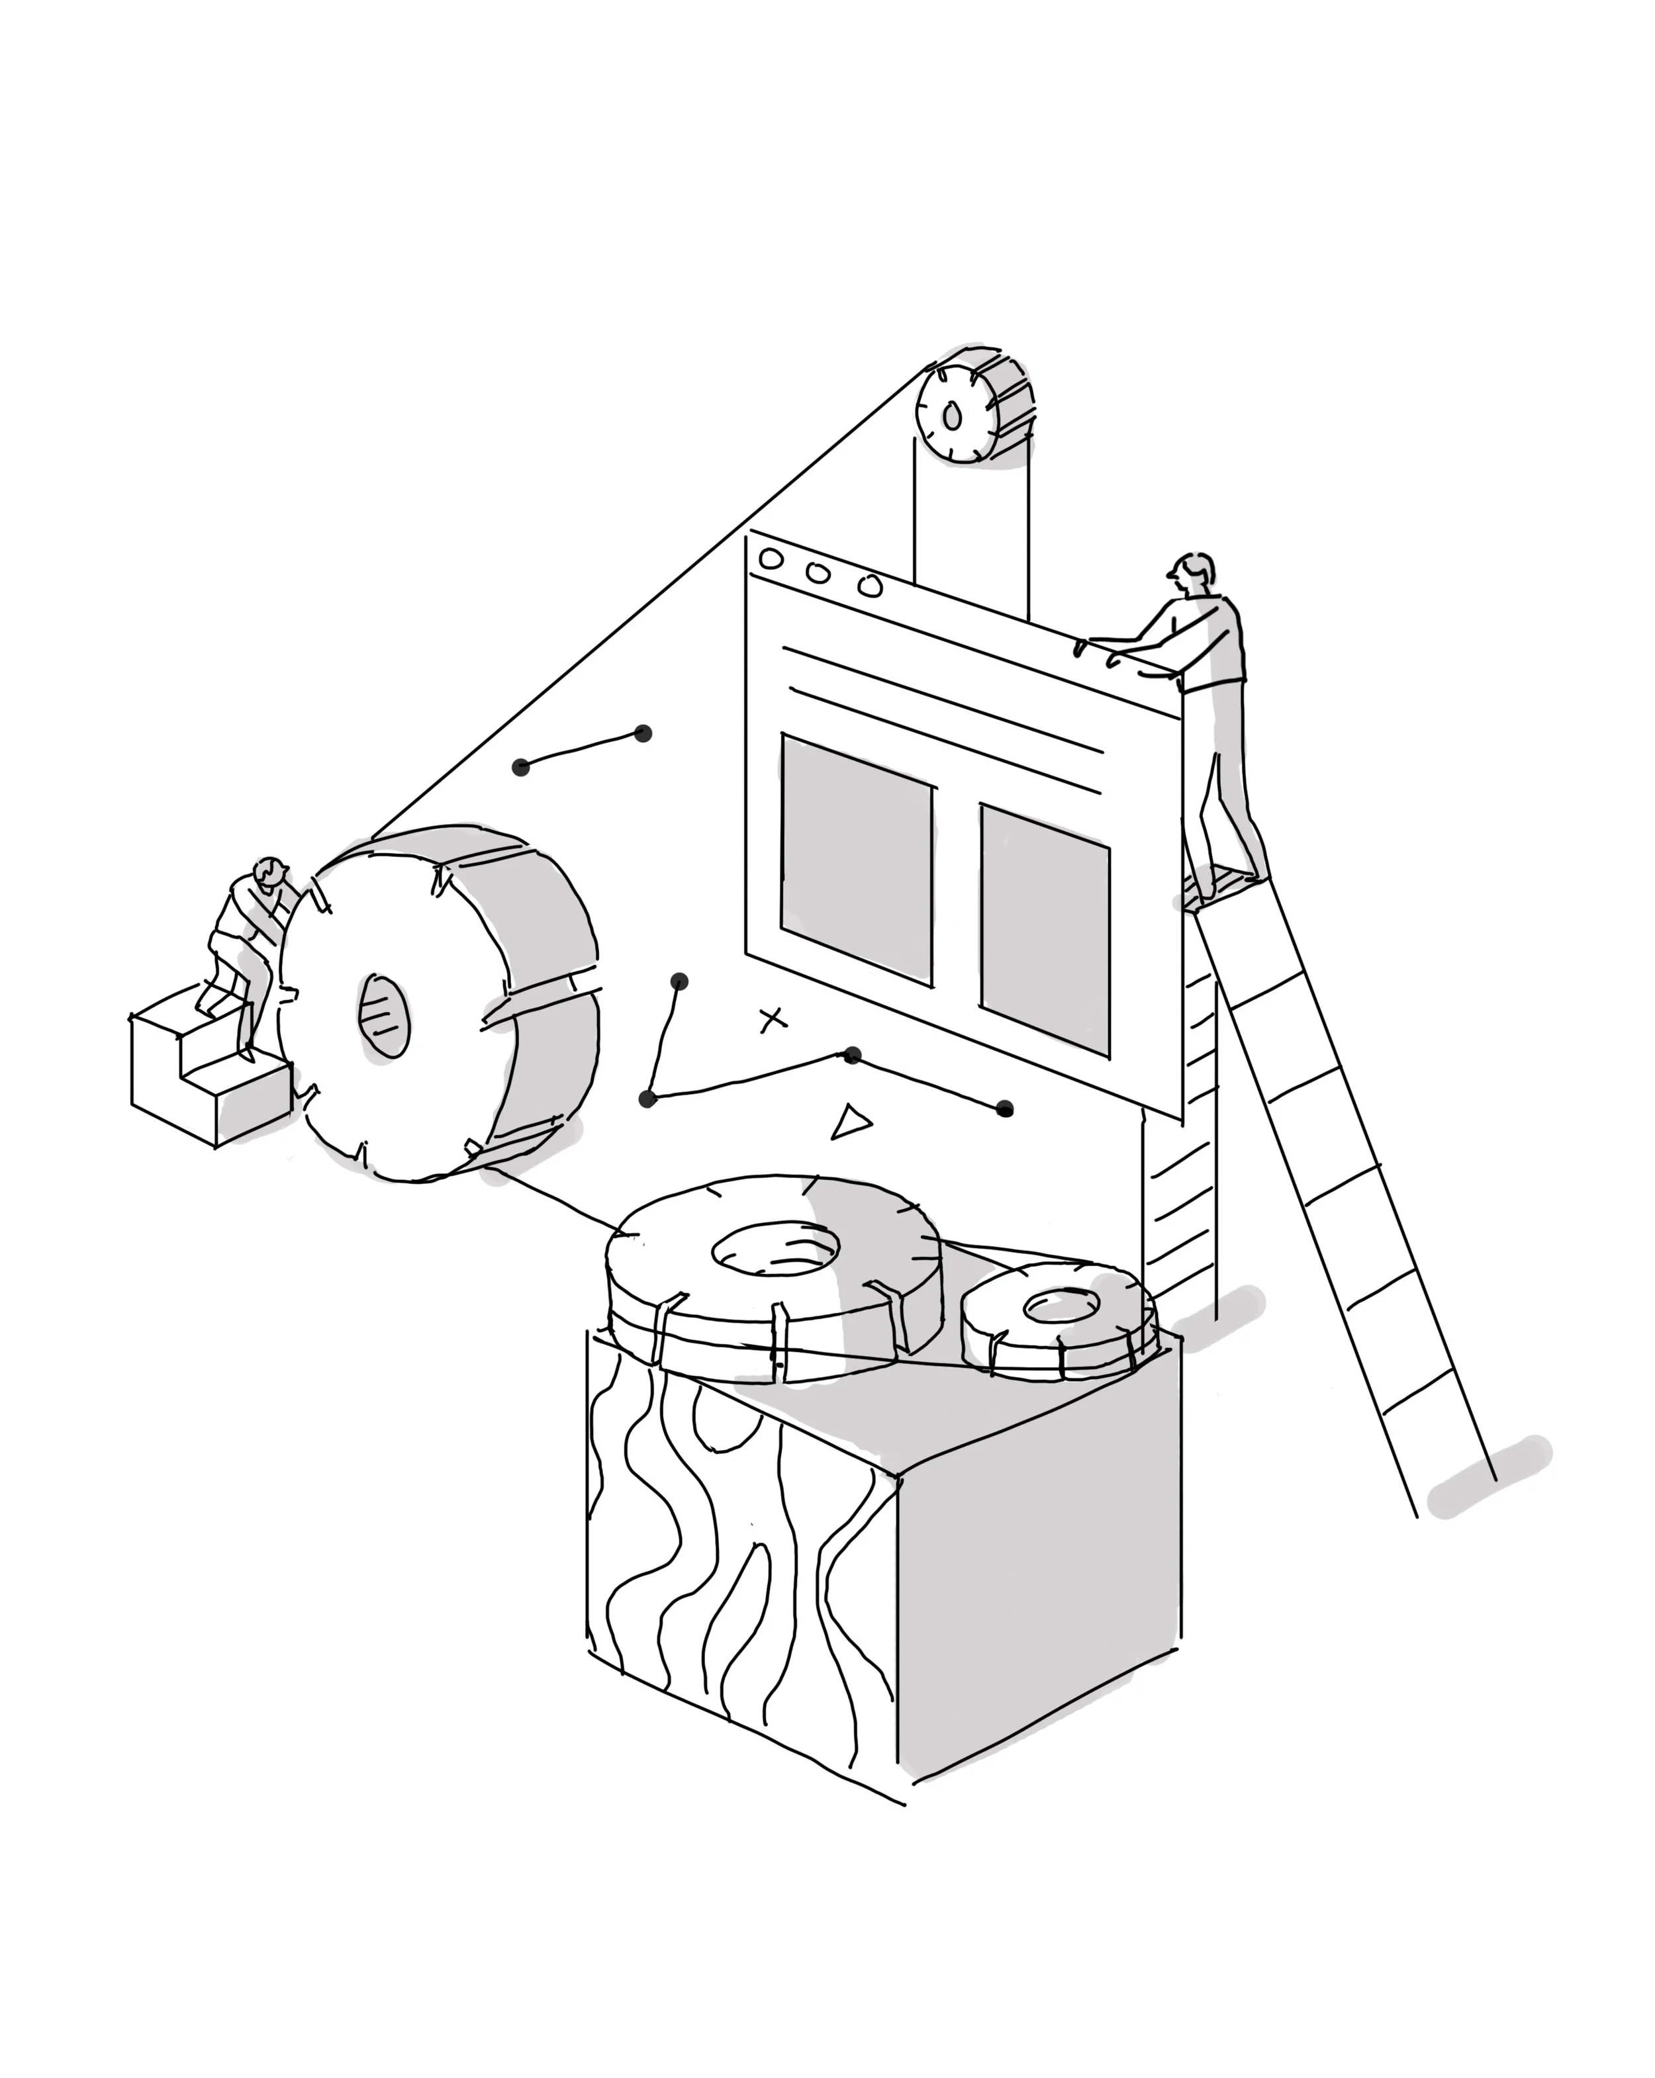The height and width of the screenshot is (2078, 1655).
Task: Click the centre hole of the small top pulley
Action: click(x=953, y=416)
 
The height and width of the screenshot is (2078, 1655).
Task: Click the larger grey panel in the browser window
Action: click(x=856, y=858)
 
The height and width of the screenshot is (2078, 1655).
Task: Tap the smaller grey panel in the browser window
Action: click(x=1045, y=930)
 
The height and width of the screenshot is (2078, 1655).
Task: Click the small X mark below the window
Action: click(x=771, y=1018)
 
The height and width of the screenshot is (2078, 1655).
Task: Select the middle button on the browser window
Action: click(x=818, y=572)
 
